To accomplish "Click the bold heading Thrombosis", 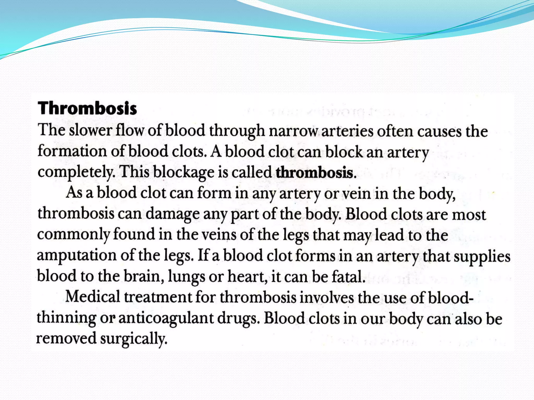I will [x=87, y=108].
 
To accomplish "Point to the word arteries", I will [x=347, y=131].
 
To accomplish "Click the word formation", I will [x=72, y=151].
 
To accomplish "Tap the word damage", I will [x=172, y=214].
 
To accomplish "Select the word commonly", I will [x=73, y=235].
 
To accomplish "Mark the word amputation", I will [x=76, y=255].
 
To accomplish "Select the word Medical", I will [x=93, y=297].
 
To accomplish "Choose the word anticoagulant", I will [x=166, y=318].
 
